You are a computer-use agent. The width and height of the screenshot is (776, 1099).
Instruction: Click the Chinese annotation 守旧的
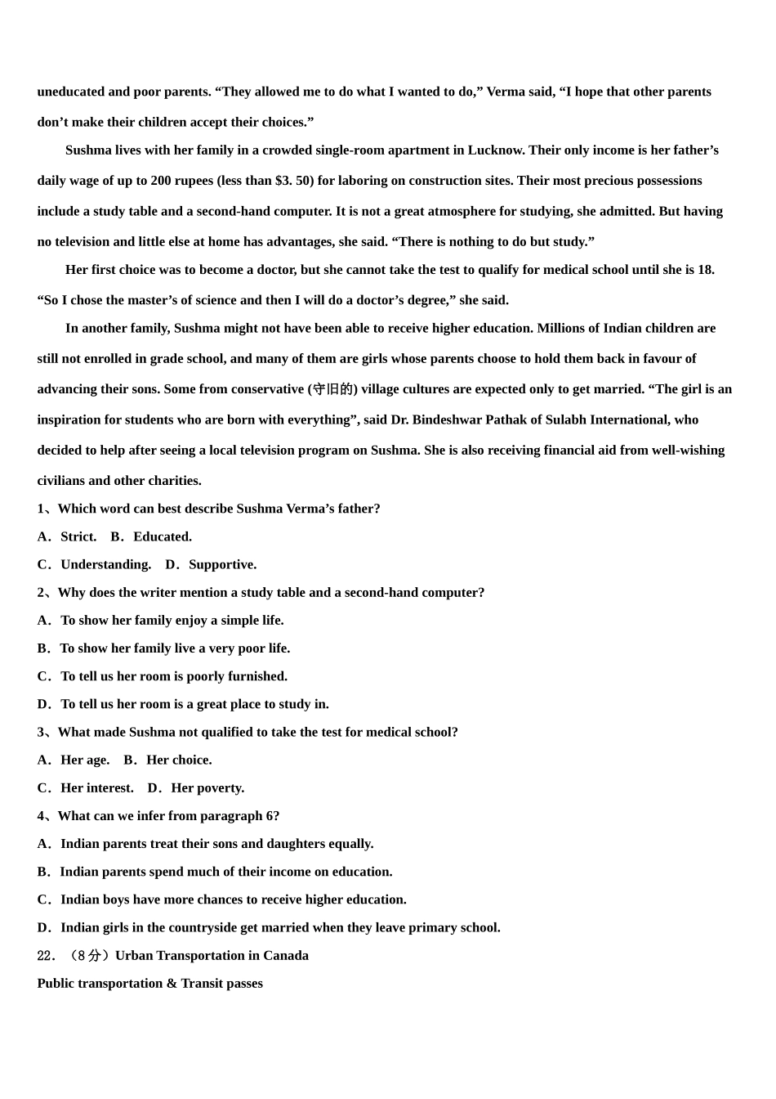pos(333,389)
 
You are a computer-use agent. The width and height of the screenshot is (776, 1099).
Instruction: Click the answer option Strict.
pos(78,536)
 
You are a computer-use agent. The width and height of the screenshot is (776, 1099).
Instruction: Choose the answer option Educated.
pos(163,536)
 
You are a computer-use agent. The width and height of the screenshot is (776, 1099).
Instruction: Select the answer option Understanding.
pos(105,564)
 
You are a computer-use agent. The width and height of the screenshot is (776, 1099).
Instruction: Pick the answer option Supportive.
pos(222,564)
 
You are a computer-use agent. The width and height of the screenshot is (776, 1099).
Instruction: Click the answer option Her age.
pos(85,760)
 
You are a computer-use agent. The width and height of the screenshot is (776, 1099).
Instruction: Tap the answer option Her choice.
pos(179,760)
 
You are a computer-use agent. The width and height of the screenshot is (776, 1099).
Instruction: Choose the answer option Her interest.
pos(97,787)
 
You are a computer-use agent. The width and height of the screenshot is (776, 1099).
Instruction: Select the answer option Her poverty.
pos(207,787)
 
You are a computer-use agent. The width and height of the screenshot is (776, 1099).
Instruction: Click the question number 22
pos(46,955)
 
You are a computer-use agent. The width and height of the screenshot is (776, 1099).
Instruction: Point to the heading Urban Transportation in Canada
pos(212,955)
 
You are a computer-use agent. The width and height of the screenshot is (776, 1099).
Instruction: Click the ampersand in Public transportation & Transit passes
pos(172,983)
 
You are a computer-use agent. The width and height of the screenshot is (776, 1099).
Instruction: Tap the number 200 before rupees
pos(161,181)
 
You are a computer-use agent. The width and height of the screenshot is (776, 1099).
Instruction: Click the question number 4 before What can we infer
pos(41,815)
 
